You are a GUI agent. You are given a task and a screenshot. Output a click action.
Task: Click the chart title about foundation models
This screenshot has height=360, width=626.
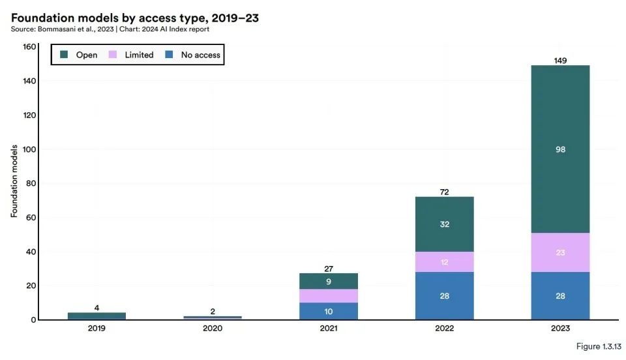click(134, 18)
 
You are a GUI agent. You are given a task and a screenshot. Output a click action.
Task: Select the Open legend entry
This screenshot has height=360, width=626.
click(79, 55)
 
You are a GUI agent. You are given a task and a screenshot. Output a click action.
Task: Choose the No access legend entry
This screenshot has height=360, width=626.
click(194, 55)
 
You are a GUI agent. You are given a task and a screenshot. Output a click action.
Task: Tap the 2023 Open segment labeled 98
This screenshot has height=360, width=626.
click(560, 149)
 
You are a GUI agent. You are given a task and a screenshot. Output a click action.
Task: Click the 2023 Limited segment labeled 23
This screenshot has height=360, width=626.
click(560, 252)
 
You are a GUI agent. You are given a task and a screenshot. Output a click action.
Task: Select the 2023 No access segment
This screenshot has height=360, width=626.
click(560, 296)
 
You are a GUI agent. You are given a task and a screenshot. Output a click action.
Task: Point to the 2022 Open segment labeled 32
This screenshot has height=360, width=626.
click(444, 224)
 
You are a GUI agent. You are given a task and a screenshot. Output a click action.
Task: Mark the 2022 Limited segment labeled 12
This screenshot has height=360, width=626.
click(444, 262)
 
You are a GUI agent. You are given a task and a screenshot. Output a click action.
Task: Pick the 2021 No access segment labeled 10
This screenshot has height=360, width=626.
click(329, 311)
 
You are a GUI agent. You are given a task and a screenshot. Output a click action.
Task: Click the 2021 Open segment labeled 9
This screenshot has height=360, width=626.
click(329, 281)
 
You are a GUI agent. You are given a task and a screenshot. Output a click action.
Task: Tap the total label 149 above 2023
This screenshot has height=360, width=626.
click(560, 61)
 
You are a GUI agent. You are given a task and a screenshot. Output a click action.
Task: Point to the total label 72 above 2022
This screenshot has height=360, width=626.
click(444, 192)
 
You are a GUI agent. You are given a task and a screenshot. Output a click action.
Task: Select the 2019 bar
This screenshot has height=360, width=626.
click(97, 316)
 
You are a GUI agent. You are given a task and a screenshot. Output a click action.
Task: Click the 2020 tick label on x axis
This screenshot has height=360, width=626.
click(213, 329)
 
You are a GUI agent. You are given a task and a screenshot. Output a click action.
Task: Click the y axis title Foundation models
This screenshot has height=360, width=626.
click(14, 183)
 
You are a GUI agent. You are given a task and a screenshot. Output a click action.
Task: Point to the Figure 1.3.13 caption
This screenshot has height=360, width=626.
click(597, 346)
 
